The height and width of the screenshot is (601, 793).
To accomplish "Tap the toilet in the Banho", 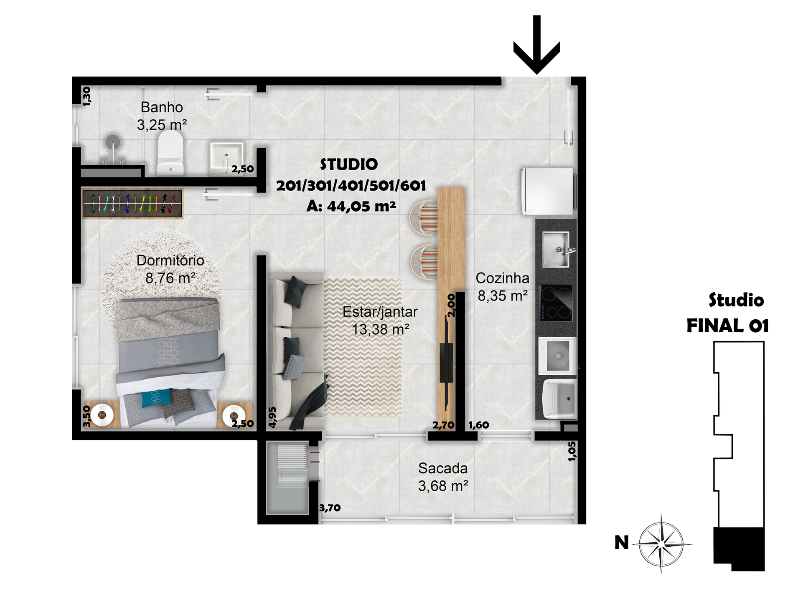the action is [170, 153].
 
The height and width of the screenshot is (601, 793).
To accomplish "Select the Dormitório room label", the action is [170, 260].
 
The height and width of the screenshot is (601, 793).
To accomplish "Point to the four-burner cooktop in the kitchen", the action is [556, 303].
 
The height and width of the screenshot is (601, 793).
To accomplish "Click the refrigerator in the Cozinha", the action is [548, 191].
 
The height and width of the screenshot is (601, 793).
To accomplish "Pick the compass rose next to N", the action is [661, 544].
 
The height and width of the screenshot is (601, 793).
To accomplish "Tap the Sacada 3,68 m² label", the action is [443, 477].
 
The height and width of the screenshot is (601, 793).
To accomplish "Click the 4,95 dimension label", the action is [272, 417].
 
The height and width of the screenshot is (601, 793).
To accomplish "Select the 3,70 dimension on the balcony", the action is [330, 508].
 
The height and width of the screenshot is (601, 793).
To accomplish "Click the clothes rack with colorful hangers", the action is [132, 203].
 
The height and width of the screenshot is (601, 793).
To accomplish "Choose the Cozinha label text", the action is [503, 278].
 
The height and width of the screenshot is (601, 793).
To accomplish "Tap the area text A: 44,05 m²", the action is [351, 206].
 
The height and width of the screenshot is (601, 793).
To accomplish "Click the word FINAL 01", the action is [727, 326].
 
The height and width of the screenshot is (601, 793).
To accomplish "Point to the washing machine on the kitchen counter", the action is [557, 356].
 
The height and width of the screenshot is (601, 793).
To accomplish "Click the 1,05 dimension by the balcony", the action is [572, 452].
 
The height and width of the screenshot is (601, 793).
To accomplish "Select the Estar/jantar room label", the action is [380, 312].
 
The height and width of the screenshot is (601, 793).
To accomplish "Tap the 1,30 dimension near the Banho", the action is [86, 96].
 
